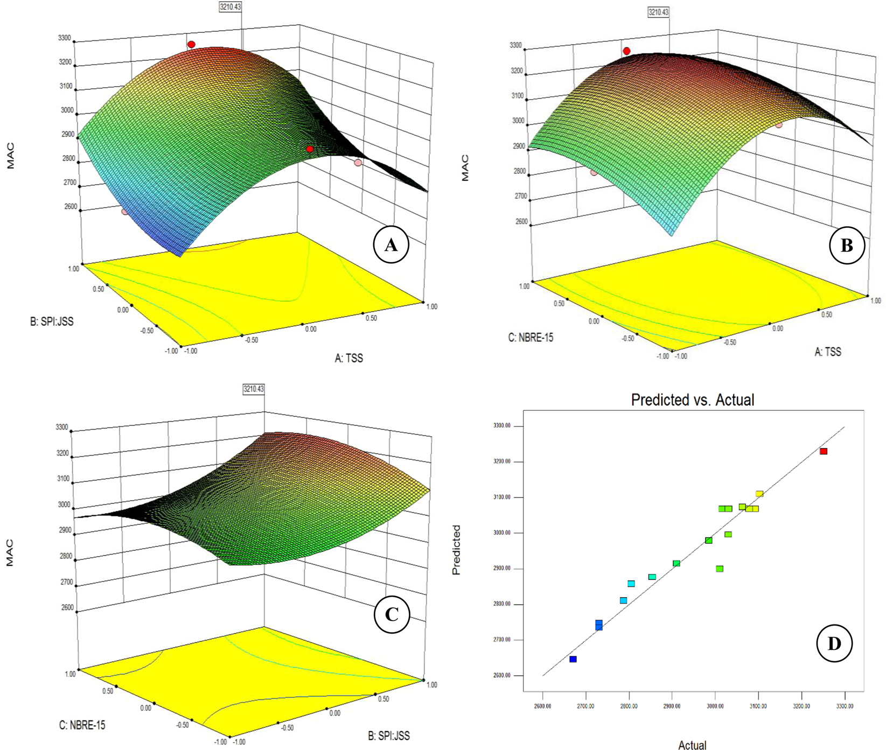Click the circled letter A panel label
(x=391, y=246)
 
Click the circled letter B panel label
(x=847, y=246)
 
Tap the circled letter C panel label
(x=392, y=614)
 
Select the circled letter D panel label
(x=834, y=643)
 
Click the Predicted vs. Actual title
(x=692, y=400)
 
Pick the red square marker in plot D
(x=824, y=451)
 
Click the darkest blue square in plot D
(x=573, y=659)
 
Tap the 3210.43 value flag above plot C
(x=254, y=389)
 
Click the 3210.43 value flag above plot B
(x=658, y=12)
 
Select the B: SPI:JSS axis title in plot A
(x=52, y=321)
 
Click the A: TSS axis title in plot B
(x=827, y=352)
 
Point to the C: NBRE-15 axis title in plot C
(x=82, y=725)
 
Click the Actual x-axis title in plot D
(x=692, y=745)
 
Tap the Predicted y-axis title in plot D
(x=456, y=550)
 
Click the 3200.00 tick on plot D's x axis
(x=801, y=706)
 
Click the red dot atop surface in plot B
(x=626, y=51)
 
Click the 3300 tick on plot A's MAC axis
(x=64, y=38)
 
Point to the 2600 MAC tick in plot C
(x=68, y=607)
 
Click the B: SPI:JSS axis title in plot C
(x=389, y=735)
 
